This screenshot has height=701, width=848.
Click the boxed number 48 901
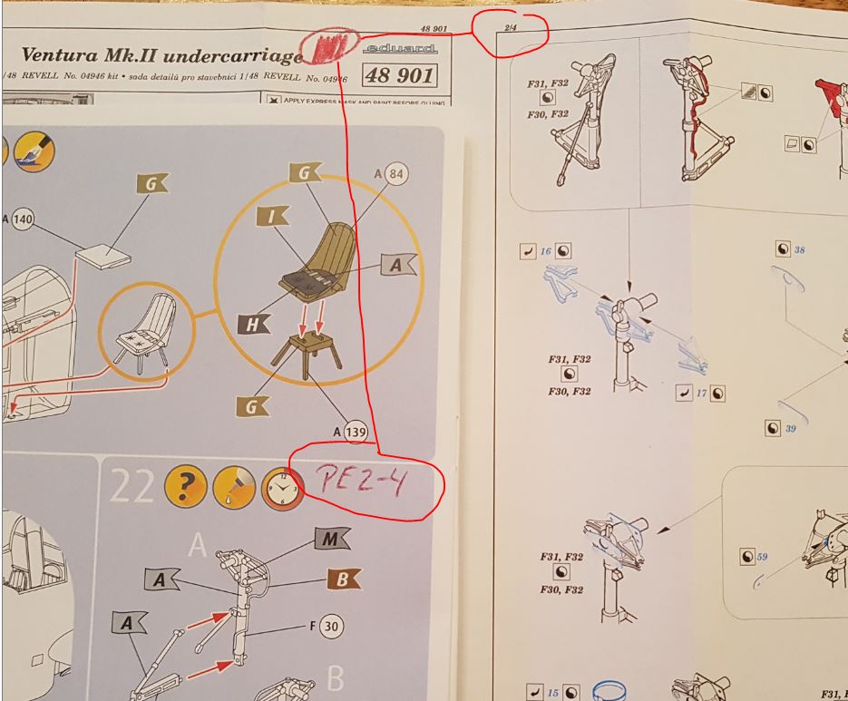pos(400,76)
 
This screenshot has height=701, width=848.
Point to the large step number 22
pos(130,491)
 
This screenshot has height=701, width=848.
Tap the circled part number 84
pos(396,172)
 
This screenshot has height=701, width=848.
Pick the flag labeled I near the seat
pos(272,217)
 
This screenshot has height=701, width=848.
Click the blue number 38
pos(798,249)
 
